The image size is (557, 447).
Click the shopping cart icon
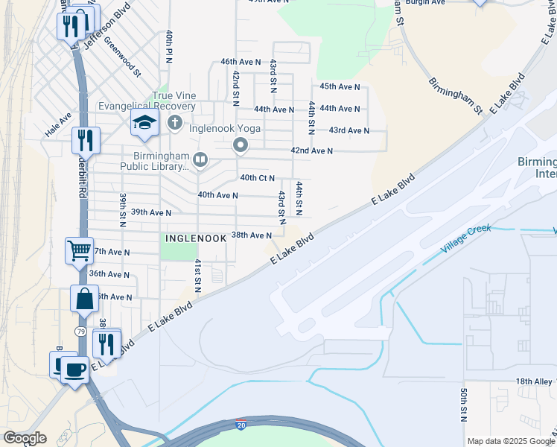79,250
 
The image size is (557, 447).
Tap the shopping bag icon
84,298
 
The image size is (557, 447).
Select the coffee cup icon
74,369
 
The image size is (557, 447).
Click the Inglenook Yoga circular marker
241,145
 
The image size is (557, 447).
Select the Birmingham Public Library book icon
200,159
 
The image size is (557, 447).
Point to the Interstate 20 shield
241,425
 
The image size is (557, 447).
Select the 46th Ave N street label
241,62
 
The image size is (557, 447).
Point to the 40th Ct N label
257,178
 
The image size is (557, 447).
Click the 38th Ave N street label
251,235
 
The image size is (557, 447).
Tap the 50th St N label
463,404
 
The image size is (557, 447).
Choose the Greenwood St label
122,57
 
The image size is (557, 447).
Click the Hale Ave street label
58,124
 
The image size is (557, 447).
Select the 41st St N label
198,276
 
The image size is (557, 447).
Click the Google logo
25,438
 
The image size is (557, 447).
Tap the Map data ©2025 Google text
510,441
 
